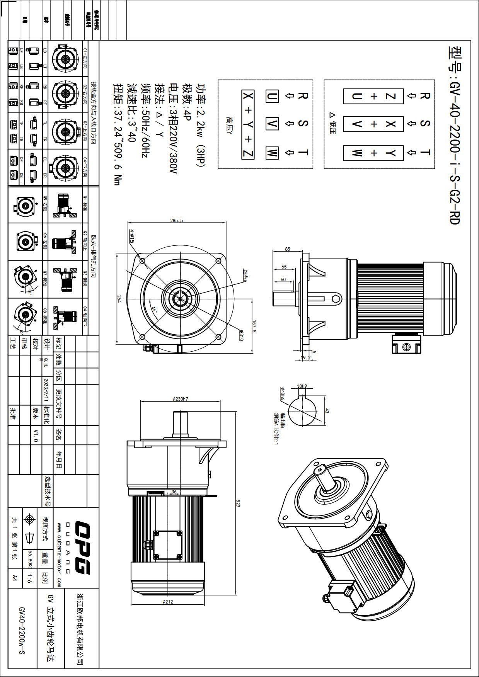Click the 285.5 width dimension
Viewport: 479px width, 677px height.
click(x=176, y=220)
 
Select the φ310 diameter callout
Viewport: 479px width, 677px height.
click(x=240, y=335)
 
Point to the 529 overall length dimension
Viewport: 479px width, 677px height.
click(x=238, y=503)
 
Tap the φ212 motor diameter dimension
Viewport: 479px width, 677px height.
click(x=167, y=602)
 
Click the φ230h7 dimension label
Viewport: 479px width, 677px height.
click(x=180, y=399)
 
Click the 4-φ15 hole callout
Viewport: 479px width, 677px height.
click(x=132, y=236)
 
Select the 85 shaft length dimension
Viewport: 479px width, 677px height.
click(x=287, y=249)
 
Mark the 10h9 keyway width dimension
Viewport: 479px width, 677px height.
click(x=302, y=386)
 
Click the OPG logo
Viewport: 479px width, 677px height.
click(x=82, y=548)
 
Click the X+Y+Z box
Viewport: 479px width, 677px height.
click(x=248, y=124)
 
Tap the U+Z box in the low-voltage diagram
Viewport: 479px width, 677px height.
click(x=373, y=96)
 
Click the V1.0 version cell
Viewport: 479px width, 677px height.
click(x=36, y=435)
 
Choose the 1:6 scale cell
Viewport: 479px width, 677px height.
click(x=30, y=578)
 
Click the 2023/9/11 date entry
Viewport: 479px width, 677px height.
click(x=46, y=391)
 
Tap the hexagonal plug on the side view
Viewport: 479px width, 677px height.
click(x=336, y=299)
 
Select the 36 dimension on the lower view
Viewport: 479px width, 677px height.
click(x=174, y=492)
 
